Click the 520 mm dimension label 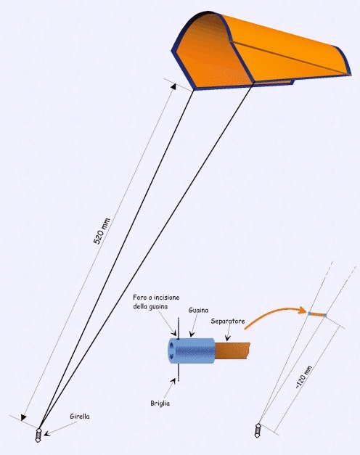102,231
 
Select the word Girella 80,417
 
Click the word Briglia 160,403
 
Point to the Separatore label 228,321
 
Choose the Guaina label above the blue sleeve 198,310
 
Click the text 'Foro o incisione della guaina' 156,301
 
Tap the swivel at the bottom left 38,435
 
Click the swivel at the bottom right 258,431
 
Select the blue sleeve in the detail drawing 192,351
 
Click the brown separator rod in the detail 232,351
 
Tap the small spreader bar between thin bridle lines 317,314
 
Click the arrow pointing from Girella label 60,428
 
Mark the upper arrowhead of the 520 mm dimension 174,86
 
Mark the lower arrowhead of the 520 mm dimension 23,417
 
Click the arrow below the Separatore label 227,333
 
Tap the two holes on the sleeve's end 172,351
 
